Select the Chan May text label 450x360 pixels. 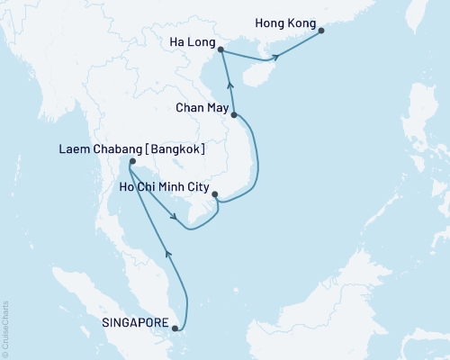click(201, 106)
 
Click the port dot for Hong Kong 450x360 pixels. click(322, 30)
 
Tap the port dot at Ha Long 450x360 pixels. click(220, 52)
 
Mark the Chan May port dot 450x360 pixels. click(234, 115)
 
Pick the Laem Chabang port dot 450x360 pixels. click(130, 162)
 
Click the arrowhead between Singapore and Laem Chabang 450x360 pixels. click(167, 254)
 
